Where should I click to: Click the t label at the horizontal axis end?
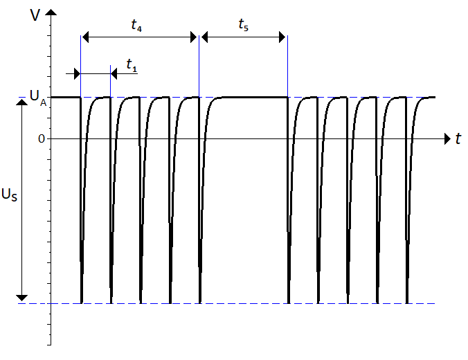[458, 139]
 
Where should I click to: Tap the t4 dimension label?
[137, 26]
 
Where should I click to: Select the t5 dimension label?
[243, 26]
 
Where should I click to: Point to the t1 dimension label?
[132, 64]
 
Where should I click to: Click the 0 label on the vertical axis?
[41, 138]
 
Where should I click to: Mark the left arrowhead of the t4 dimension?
[86, 37]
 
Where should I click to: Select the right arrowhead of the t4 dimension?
[194, 37]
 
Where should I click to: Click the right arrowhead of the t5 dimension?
[282, 37]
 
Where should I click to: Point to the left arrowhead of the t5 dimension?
[204, 37]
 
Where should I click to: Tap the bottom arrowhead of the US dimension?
[23, 298]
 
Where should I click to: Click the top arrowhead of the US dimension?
[23, 102]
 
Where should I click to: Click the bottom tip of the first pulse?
[82, 302]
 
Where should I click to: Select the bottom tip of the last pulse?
[406, 302]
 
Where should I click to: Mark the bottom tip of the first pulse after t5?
[289, 302]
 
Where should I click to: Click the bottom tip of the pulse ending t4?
[200, 302]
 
